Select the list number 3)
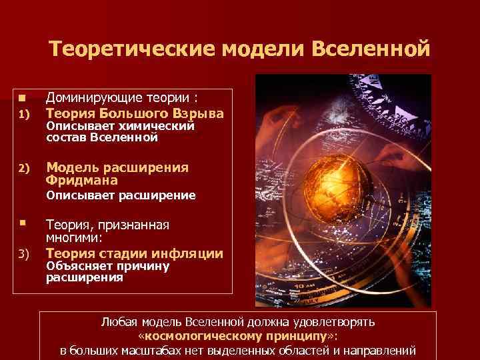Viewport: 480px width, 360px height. pos(22,254)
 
